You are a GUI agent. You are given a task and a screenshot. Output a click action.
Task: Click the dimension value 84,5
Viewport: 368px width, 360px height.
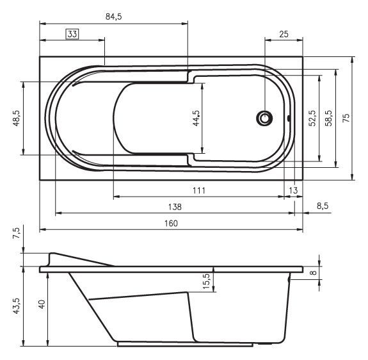point(113,17)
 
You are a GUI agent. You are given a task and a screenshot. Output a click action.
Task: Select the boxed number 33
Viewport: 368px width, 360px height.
point(72,35)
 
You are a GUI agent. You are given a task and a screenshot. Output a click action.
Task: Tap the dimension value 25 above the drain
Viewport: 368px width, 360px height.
point(283,34)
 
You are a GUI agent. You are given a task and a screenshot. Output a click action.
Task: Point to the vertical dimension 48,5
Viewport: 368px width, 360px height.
point(16,120)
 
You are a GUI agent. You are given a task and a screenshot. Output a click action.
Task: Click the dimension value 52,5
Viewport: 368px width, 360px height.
point(312,119)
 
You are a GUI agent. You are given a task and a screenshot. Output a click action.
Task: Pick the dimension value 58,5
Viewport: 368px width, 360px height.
point(328,119)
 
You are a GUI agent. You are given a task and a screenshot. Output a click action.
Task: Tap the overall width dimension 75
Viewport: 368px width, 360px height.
point(346,118)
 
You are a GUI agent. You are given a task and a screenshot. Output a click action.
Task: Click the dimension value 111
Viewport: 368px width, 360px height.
point(198,191)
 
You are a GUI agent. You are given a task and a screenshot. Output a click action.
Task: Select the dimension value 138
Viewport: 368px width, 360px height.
point(174,207)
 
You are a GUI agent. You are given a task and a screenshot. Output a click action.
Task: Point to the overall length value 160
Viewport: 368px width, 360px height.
point(171,224)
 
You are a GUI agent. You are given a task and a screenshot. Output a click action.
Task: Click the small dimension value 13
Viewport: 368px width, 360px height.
point(293,191)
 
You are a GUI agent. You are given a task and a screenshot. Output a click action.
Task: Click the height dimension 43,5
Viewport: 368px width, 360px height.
point(16,303)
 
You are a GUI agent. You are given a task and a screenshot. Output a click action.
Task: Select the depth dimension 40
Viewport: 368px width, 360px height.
point(42,304)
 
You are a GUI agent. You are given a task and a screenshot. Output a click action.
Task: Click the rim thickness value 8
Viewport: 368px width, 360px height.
point(313,273)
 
